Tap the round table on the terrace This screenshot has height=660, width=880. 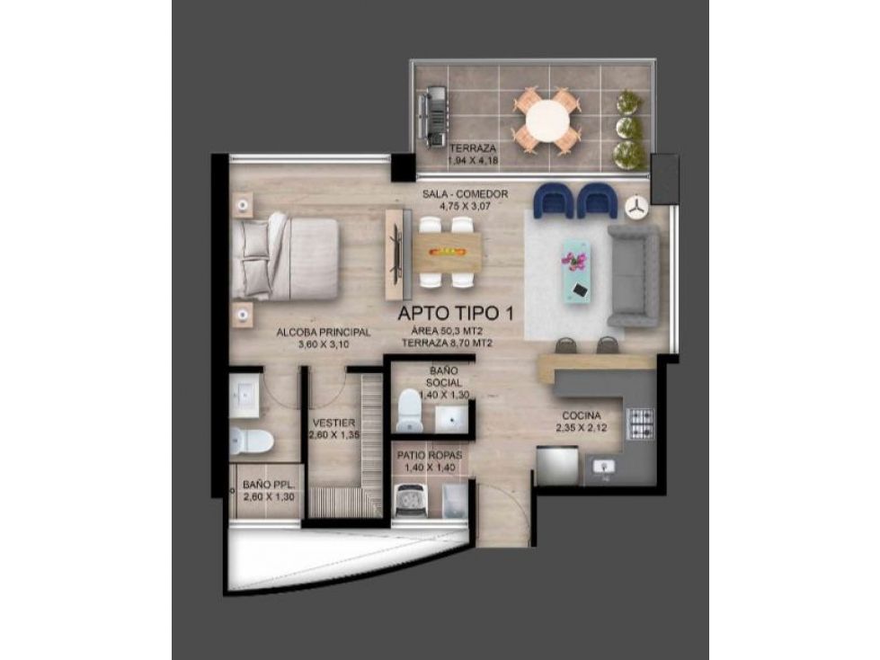coord(547,120)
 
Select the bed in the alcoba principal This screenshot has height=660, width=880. coord(285,259)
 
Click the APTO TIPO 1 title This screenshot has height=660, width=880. coord(458,316)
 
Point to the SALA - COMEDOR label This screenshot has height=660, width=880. coord(466,193)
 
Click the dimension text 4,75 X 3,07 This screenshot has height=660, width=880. coord(465,205)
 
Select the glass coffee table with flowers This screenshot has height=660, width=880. coord(575,271)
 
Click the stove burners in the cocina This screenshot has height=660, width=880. coord(640,423)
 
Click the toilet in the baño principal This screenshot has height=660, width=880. coord(252,441)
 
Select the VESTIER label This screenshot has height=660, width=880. coord(333,423)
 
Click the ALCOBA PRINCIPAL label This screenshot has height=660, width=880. coord(311,332)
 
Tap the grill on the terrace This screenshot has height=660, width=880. coord(433,114)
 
